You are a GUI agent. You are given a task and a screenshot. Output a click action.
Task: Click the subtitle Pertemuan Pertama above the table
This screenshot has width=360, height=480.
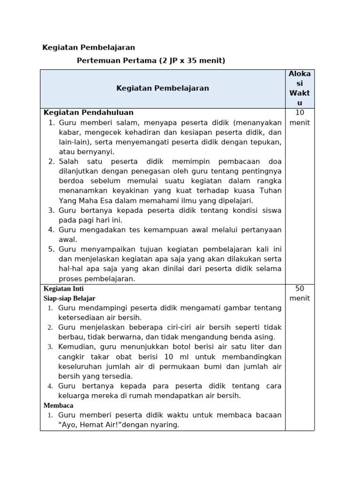pyautogui.click(x=151, y=60)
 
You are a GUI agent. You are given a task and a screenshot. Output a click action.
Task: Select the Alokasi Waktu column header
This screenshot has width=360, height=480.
pyautogui.click(x=300, y=89)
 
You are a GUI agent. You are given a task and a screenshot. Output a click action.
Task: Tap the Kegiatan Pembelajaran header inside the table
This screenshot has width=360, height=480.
pyautogui.click(x=162, y=88)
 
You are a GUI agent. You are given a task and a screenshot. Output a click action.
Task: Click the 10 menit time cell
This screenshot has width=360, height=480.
pyautogui.click(x=300, y=118)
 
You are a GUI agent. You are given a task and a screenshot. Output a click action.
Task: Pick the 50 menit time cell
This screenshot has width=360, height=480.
pyautogui.click(x=300, y=293)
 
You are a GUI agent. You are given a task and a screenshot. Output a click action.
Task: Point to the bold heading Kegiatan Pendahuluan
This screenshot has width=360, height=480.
pyautogui.click(x=89, y=112)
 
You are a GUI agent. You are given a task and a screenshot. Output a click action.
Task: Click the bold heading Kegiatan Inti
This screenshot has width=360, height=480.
pyautogui.click(x=64, y=289)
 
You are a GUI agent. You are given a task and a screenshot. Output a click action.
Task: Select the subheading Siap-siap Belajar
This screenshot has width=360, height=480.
pyautogui.click(x=69, y=298)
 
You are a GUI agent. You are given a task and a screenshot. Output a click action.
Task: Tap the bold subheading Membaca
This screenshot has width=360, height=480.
pyautogui.click(x=59, y=405)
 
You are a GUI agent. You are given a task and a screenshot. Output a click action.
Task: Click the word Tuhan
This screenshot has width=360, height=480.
pyautogui.click(x=270, y=191)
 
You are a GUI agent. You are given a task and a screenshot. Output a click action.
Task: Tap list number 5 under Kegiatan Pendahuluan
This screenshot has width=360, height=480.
pyautogui.click(x=52, y=249)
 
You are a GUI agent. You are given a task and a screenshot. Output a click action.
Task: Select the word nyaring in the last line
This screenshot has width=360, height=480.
pyautogui.click(x=164, y=425)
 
